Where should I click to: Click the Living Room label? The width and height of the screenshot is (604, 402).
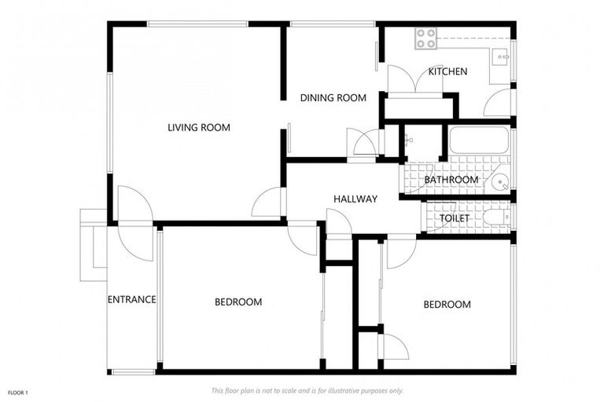(x=199, y=127)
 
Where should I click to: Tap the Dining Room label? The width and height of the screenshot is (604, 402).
(x=333, y=97)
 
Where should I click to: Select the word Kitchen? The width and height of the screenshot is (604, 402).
(x=447, y=71)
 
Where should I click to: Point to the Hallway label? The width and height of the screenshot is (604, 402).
(x=355, y=199)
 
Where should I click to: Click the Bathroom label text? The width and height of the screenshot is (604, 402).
(x=451, y=180)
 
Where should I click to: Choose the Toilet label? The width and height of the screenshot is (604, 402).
(x=455, y=218)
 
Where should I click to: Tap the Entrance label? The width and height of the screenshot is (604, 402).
(x=132, y=299)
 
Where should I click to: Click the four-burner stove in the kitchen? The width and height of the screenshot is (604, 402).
(x=425, y=38)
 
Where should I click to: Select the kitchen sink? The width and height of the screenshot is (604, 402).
(x=501, y=57)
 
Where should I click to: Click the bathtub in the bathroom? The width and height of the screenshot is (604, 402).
(x=480, y=141)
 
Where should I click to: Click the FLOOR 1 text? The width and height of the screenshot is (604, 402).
(x=18, y=393)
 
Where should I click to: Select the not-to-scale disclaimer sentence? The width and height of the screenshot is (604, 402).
(x=308, y=391)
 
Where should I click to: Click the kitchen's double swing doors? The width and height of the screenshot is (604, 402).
(x=415, y=79)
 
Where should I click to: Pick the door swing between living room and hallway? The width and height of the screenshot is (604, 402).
(x=267, y=202)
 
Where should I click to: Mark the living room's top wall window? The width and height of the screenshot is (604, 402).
(x=197, y=24)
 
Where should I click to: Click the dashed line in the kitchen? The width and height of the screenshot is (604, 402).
(x=473, y=38)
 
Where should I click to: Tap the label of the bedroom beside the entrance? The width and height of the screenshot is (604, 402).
(x=238, y=302)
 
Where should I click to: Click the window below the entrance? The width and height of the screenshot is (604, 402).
(x=133, y=372)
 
